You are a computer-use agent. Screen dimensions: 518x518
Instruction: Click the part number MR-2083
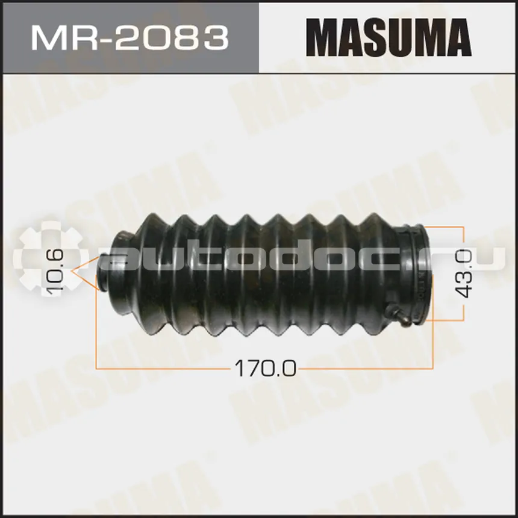pyautogui.click(x=130, y=39)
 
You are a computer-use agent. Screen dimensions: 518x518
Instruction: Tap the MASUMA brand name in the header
pyautogui.click(x=388, y=38)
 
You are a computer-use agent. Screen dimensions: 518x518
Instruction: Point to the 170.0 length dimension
pyautogui.click(x=265, y=368)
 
